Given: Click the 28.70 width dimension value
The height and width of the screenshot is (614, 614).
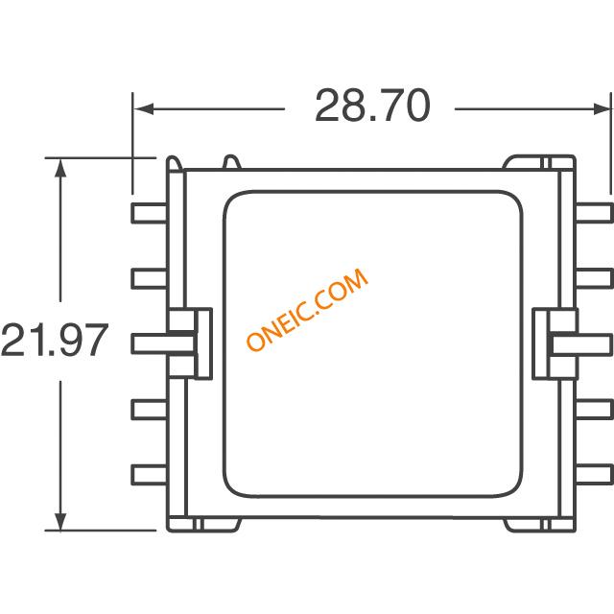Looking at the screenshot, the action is tap(372, 106).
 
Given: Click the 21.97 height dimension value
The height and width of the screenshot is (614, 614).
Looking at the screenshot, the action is tap(54, 340).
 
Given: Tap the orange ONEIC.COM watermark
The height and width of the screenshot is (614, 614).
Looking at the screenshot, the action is tap(307, 309).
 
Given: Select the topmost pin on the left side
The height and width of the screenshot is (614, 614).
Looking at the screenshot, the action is tap(150, 213).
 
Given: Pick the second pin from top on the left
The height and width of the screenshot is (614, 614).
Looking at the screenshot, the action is tap(150, 279).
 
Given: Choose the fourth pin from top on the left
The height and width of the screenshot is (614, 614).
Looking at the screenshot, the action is tap(150, 410).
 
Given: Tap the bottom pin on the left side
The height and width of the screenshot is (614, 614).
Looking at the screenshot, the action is tap(150, 475).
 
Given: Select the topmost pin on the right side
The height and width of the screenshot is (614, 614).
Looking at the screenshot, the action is tap(594, 213).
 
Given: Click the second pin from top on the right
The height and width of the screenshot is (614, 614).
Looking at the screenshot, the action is tap(594, 279).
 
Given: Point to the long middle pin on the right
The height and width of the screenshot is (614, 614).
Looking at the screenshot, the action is tap(581, 344).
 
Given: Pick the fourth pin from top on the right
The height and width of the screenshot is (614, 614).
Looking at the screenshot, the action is tap(594, 410).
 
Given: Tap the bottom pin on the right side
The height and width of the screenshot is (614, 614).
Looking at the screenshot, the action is tap(594, 475).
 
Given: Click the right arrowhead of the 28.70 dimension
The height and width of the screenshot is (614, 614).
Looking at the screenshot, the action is tap(602, 108).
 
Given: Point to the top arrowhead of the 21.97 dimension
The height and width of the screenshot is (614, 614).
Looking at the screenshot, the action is tap(59, 169).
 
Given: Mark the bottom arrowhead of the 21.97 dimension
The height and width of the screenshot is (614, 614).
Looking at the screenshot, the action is tap(59, 520).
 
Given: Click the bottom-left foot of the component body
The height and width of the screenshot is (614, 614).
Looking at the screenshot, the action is tap(203, 525).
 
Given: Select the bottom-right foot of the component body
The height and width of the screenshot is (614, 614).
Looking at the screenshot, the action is tap(539, 525).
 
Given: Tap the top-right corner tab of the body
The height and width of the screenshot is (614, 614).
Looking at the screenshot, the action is tap(539, 162).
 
